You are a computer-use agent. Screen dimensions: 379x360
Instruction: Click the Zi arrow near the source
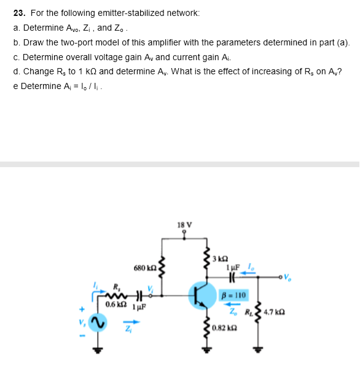[129, 319]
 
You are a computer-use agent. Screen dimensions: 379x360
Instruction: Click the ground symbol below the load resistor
[259, 353]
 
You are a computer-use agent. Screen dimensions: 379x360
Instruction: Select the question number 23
[18, 12]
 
